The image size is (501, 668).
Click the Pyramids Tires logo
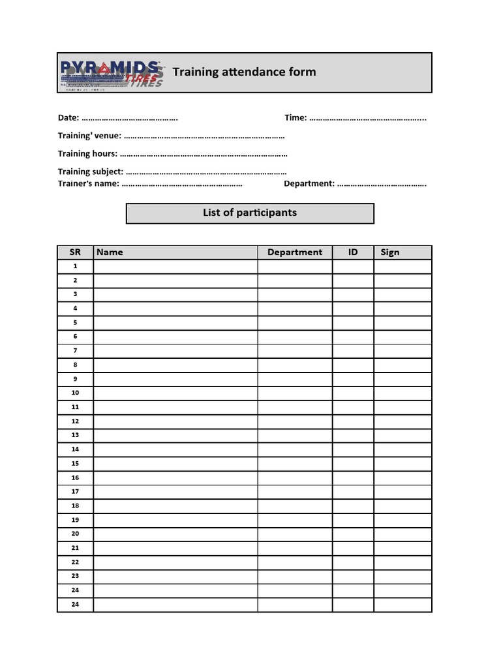(111, 73)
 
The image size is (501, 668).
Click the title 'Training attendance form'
(244, 72)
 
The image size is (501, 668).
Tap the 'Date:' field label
(68, 118)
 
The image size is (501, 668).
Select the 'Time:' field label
(296, 118)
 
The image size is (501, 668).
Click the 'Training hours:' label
(87, 154)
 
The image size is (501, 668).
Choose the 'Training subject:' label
(90, 172)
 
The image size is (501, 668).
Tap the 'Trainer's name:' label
(88, 183)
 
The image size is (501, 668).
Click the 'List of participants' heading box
(250, 213)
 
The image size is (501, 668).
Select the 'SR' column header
(75, 252)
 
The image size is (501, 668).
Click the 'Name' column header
(110, 252)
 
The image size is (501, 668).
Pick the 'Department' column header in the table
(295, 252)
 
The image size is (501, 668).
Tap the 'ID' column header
(353, 252)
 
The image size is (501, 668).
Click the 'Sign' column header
(389, 252)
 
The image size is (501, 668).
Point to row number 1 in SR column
(75, 266)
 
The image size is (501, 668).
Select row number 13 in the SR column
(75, 435)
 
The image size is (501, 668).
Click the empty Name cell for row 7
(175, 351)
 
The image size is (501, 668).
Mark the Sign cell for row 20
(402, 534)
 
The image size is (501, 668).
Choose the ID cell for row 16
(353, 478)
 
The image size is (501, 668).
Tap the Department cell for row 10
(295, 393)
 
